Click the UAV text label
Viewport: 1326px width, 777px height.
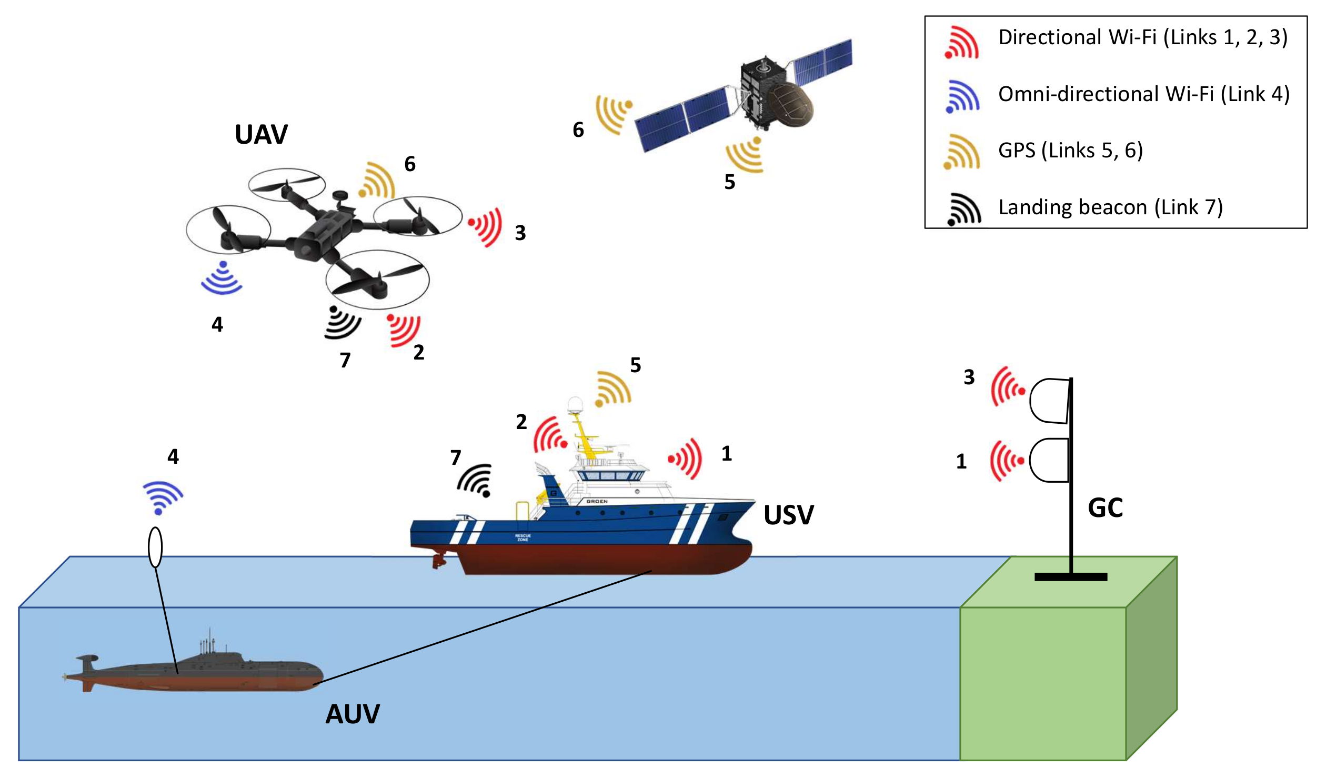(x=261, y=135)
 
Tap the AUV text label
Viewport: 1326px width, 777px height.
(x=352, y=714)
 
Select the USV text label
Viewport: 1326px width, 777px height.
(x=788, y=515)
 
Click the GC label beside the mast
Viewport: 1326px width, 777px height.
(x=1105, y=508)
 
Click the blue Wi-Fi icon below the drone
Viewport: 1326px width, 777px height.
(x=222, y=277)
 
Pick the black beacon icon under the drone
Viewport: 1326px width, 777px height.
(x=341, y=322)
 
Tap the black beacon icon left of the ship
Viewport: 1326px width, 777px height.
(x=475, y=480)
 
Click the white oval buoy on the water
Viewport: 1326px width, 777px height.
(x=155, y=547)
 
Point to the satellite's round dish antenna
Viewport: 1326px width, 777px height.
(x=789, y=105)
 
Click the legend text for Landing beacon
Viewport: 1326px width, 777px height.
(x=1110, y=207)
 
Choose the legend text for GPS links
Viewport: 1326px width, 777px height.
(x=1070, y=151)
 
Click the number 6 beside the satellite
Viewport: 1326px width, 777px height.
(x=578, y=129)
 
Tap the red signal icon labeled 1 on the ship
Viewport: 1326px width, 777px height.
(x=686, y=459)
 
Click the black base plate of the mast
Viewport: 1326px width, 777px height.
(x=1070, y=577)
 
